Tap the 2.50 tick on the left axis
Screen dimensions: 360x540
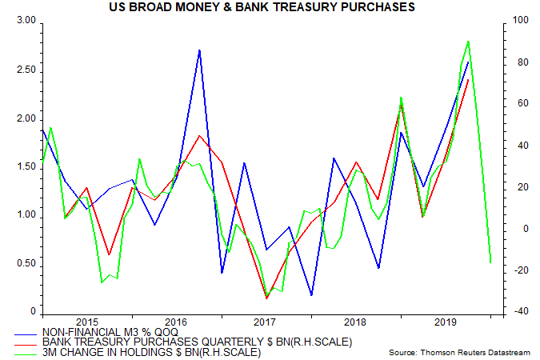pos(26,70)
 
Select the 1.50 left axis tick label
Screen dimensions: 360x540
pos(26,166)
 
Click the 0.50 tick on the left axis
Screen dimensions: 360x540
pos(26,263)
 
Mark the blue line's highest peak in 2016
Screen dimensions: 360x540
pos(199,50)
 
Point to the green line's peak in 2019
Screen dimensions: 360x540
pos(468,41)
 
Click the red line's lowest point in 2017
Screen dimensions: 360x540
pos(266,298)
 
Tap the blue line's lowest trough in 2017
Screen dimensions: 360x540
pos(310,295)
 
